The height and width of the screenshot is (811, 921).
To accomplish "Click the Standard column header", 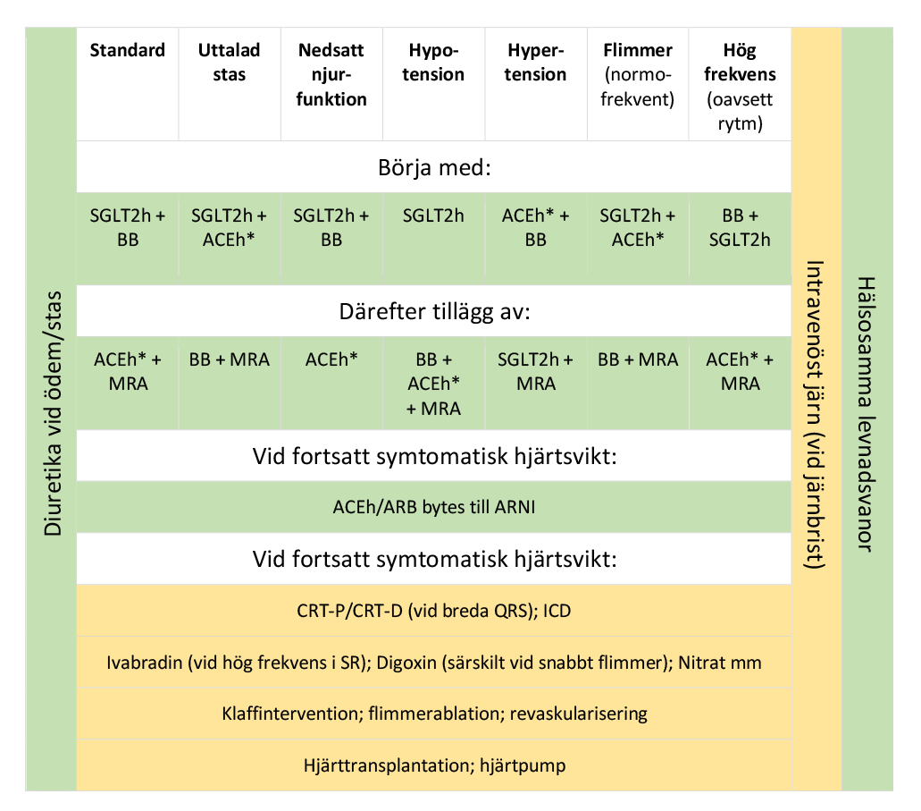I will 128,50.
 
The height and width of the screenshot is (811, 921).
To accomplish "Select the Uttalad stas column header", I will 230,62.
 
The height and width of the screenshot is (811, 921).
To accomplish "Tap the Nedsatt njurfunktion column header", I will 331,74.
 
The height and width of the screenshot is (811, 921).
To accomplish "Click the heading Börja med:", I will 433,167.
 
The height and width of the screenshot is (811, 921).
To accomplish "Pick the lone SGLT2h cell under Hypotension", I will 433,215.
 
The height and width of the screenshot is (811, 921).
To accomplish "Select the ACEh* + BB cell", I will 535,227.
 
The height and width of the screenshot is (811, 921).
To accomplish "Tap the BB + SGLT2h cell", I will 740,227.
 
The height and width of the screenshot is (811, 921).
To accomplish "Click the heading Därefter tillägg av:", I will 433,313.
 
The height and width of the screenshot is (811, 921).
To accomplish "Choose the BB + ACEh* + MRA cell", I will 433,384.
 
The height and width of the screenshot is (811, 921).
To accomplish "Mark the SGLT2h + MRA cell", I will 535,372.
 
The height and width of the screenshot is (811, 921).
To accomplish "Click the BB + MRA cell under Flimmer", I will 638,360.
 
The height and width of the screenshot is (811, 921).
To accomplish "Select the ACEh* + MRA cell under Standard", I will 128,372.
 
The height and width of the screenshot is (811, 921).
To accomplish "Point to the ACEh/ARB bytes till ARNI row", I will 433,508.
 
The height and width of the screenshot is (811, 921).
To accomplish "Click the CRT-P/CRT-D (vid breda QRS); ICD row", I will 433,611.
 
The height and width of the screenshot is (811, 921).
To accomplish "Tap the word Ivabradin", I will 142,663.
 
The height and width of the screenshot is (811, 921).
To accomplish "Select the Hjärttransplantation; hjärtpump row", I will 433,765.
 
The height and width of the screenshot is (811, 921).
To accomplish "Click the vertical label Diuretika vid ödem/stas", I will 53,412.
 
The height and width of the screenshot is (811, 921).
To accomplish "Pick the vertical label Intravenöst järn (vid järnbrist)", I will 816,412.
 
